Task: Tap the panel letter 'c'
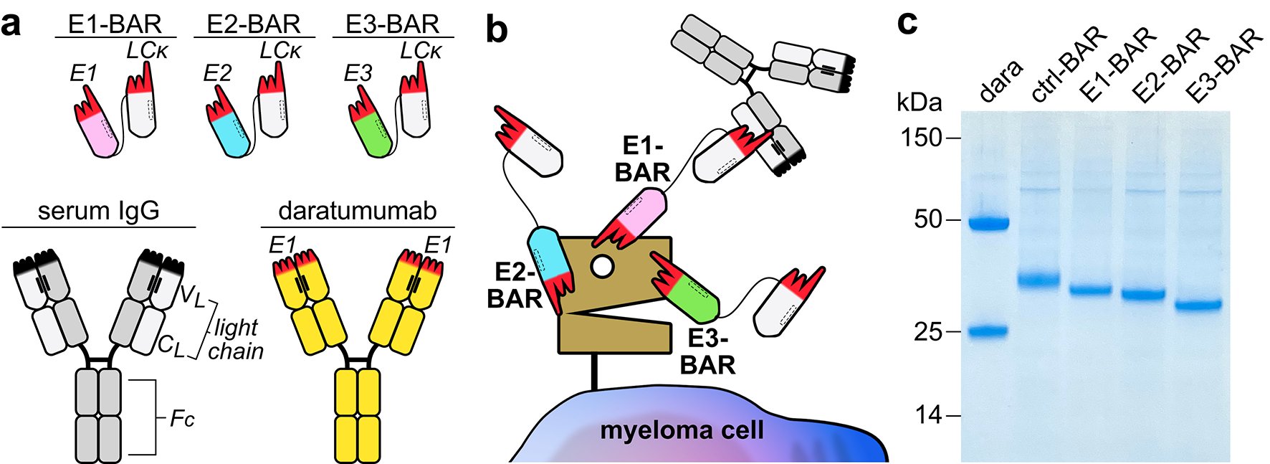click(x=907, y=23)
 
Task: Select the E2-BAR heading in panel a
click(x=253, y=24)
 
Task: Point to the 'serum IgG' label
click(x=98, y=211)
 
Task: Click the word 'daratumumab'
click(x=358, y=211)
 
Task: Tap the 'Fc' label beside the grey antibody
click(x=182, y=418)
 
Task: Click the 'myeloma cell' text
click(x=682, y=430)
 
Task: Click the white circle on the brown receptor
click(x=602, y=267)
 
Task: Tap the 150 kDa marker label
click(x=921, y=137)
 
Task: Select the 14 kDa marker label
click(x=929, y=415)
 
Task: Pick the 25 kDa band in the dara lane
click(x=988, y=331)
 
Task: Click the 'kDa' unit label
click(x=919, y=103)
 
